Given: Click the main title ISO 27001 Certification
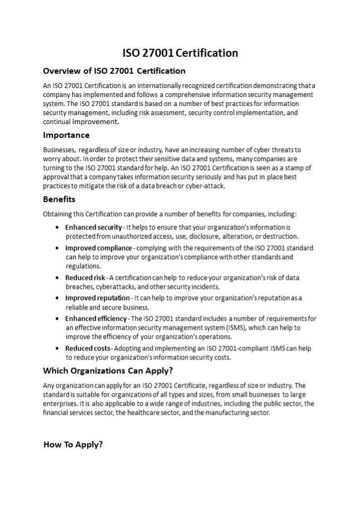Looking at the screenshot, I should (180, 52).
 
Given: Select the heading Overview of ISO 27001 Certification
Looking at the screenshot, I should (114, 71).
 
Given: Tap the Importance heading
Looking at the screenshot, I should (66, 135).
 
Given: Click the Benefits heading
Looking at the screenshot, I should (59, 199).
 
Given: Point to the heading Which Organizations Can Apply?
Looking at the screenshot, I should (108, 370).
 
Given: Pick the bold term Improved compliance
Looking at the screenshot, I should (99, 248).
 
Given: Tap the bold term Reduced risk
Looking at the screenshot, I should (85, 278).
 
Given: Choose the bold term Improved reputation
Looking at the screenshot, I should (98, 298).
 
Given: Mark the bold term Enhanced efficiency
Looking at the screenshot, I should (96, 319).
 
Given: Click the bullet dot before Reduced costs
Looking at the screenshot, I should (57, 348).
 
